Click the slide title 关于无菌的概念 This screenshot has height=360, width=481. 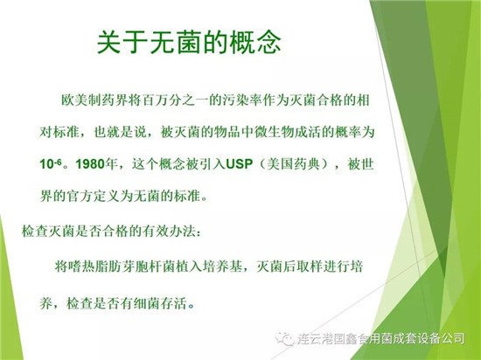pos(189,42)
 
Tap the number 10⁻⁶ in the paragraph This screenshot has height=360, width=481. pos(51,164)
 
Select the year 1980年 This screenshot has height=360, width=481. pos(96,164)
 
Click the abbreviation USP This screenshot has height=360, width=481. pos(240,164)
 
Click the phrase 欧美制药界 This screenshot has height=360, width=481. pos(94,100)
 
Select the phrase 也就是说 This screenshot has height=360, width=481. pos(121,132)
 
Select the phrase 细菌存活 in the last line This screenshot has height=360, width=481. pos(160,304)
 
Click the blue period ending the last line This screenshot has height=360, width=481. pos(192,307)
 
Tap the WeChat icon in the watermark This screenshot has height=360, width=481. pos(284,338)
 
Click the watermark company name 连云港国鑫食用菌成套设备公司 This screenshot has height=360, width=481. pos(380,339)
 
